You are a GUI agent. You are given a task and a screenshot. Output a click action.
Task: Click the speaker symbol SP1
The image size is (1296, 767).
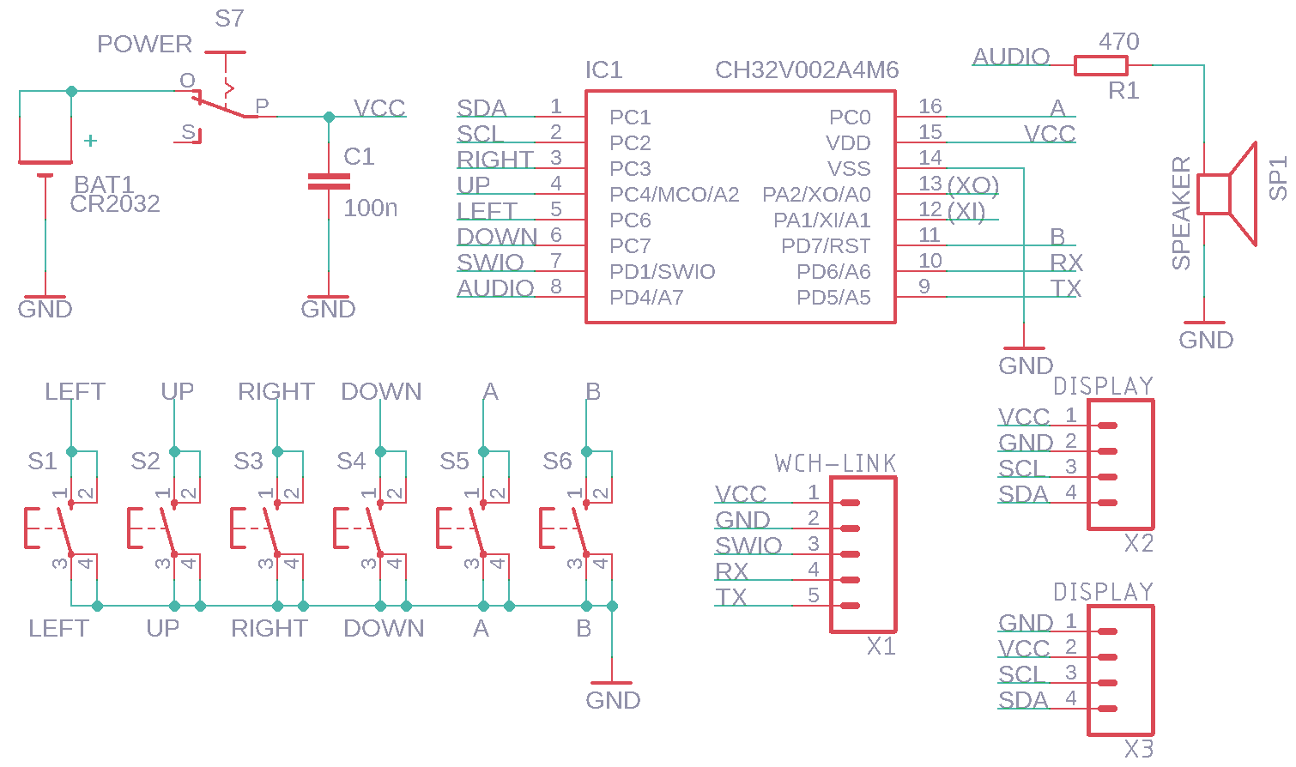coord(1227,194)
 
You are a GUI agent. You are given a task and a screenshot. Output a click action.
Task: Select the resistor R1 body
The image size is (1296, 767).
coord(1100,65)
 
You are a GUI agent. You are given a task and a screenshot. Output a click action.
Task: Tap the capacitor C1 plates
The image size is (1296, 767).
coord(329,181)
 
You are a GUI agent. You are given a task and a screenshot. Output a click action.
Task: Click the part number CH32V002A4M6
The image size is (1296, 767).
coord(807,70)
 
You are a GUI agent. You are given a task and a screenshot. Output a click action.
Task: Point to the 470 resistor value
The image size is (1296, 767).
coord(1119,41)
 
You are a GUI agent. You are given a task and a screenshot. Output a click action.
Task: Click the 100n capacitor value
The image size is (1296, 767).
coord(370,208)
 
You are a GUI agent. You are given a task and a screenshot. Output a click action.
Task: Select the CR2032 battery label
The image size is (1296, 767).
coord(115,204)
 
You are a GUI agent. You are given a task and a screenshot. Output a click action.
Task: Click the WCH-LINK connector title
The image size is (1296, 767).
coord(835,464)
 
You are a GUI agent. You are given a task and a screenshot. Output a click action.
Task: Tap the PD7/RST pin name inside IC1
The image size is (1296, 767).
coord(826,246)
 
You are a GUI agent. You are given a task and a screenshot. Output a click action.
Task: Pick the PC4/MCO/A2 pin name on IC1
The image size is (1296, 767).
coord(674,195)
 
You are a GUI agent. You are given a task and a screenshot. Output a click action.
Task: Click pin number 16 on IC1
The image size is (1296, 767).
coord(930,106)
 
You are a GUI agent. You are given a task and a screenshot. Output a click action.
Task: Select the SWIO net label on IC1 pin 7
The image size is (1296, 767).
coord(490,263)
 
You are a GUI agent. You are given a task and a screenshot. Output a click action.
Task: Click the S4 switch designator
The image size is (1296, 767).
coord(351,462)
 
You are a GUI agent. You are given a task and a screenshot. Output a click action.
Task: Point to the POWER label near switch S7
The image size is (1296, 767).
coord(144,44)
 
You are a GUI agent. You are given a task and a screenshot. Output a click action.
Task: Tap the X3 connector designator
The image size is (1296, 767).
coord(1139,748)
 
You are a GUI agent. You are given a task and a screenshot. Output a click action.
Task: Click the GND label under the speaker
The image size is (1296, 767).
coord(1206,340)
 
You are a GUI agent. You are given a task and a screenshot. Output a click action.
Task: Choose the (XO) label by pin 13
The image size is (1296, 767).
coord(973,185)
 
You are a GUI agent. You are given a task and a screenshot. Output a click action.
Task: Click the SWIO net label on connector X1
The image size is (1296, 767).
coord(748,546)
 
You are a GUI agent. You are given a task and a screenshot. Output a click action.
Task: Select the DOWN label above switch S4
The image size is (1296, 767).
coord(381,392)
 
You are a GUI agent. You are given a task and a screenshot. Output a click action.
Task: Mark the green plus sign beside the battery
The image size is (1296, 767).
coord(91,141)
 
